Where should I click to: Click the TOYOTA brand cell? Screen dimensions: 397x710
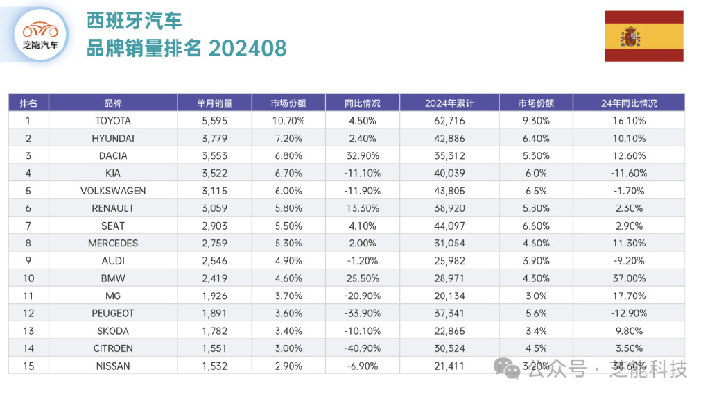(113, 121)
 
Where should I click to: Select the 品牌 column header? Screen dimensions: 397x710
(113, 103)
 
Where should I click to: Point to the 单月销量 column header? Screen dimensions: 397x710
(214, 103)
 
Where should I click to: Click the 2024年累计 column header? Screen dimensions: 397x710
(449, 103)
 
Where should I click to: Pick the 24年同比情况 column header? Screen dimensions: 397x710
(628, 103)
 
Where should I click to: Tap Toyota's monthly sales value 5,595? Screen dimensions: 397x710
(214, 121)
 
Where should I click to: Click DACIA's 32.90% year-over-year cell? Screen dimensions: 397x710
(362, 156)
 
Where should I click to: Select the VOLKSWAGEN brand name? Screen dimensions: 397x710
(113, 191)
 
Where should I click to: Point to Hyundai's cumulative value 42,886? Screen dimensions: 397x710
(449, 138)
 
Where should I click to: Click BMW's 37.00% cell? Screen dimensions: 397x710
(628, 278)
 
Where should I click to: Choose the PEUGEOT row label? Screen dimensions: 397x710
(113, 314)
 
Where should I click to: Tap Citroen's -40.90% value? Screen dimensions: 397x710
(362, 348)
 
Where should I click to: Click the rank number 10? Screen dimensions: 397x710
(28, 278)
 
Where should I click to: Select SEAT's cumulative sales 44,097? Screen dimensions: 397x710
(449, 226)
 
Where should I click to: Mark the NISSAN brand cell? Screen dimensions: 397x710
(113, 366)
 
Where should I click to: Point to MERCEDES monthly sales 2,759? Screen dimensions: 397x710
(214, 244)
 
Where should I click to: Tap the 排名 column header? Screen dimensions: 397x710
(28, 103)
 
